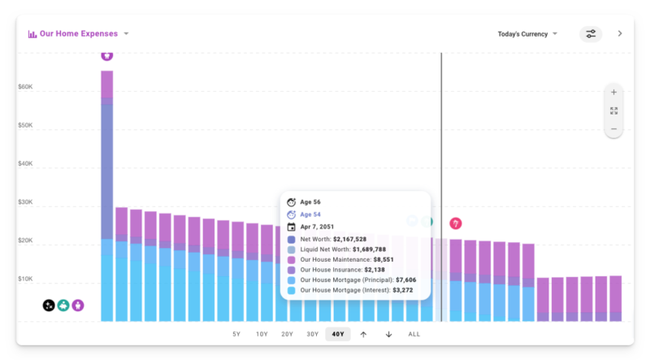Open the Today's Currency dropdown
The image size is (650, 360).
pyautogui.click(x=527, y=34)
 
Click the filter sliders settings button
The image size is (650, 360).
pyautogui.click(x=591, y=34)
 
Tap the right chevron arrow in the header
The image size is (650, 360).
pyautogui.click(x=620, y=34)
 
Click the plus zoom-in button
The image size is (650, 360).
pyautogui.click(x=613, y=92)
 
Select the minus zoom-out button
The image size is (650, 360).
pyautogui.click(x=613, y=128)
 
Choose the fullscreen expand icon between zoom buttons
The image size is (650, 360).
pyautogui.click(x=613, y=111)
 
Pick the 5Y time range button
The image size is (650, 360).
pyautogui.click(x=236, y=334)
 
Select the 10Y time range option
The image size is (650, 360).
pyautogui.click(x=262, y=334)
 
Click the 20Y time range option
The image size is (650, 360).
pyautogui.click(x=287, y=334)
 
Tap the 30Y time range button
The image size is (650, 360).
pyautogui.click(x=312, y=334)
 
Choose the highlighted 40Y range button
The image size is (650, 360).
pyautogui.click(x=338, y=334)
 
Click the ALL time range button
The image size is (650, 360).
pyautogui.click(x=414, y=334)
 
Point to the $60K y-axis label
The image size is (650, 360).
pyautogui.click(x=25, y=87)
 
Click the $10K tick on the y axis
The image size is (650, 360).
pyautogui.click(x=25, y=279)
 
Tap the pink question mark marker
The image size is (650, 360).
pyautogui.click(x=456, y=223)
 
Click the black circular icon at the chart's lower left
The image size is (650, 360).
pyautogui.click(x=49, y=306)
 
